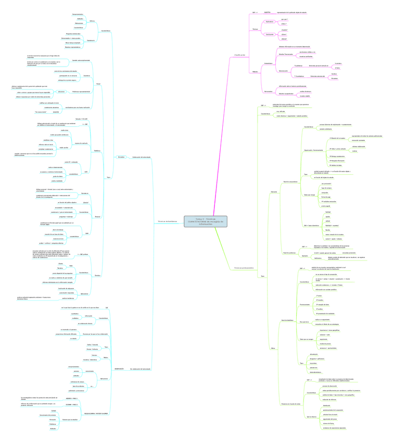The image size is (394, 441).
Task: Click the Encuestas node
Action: click(x=121, y=157)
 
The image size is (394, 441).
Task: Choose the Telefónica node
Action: click(x=97, y=151)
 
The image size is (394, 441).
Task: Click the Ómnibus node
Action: click(x=97, y=275)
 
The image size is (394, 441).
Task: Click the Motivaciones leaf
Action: click(x=79, y=23)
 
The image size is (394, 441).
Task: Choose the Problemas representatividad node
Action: click(x=81, y=91)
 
